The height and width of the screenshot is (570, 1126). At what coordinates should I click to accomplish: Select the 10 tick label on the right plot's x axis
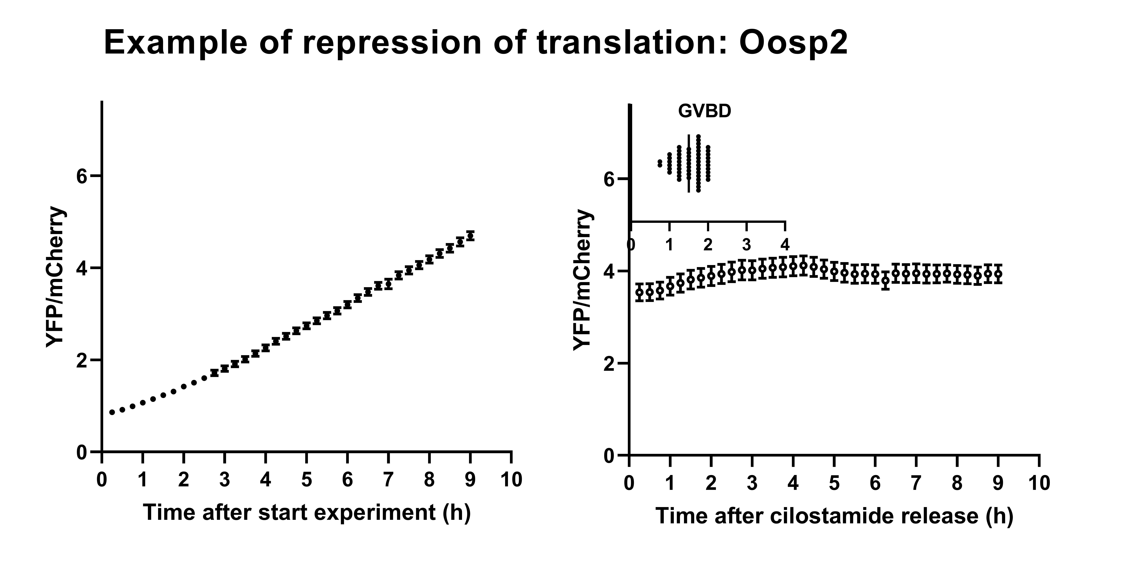[1039, 483]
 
